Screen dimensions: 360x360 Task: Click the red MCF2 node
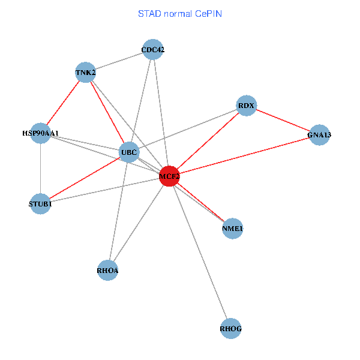tap(169, 176)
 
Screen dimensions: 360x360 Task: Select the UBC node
tap(129, 152)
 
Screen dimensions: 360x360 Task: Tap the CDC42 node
tap(153, 50)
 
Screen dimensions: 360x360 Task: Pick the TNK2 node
tap(86, 73)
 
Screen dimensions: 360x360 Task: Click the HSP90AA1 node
tap(40, 133)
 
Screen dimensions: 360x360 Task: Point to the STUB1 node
tap(40, 204)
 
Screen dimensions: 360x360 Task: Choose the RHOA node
tap(107, 271)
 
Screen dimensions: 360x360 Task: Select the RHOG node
tap(231, 328)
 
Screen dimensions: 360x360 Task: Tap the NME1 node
tap(232, 229)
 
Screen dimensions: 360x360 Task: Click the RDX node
tap(246, 106)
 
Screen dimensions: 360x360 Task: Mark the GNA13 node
tap(319, 135)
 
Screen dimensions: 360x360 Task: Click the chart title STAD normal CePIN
tap(179, 14)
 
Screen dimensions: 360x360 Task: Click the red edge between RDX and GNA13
tap(283, 121)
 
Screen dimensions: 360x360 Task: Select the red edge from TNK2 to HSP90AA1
tap(63, 103)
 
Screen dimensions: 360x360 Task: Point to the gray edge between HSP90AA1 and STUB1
tap(40, 169)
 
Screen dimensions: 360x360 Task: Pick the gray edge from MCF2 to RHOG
tap(200, 252)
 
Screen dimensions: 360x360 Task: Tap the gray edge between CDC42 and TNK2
tap(119, 61)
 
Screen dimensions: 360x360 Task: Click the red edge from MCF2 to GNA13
tap(244, 156)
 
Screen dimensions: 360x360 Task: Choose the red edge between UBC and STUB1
tap(85, 178)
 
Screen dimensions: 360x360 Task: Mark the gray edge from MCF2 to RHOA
tap(138, 224)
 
